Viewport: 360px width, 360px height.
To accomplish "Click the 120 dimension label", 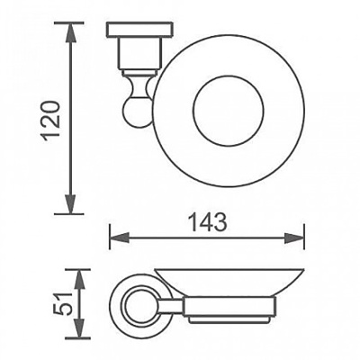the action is (x=50, y=121).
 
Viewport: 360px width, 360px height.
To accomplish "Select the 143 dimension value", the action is (x=207, y=222).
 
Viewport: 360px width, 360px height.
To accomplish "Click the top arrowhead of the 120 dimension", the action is (x=70, y=34).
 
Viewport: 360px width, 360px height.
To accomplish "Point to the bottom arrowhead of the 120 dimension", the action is (x=70, y=202).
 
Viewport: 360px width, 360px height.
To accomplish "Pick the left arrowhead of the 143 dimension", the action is (x=120, y=239).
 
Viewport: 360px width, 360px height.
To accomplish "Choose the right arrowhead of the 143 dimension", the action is (x=294, y=239).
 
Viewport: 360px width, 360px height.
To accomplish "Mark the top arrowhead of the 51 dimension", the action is (x=78, y=280).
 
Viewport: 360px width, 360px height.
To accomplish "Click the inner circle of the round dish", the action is (x=229, y=110).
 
